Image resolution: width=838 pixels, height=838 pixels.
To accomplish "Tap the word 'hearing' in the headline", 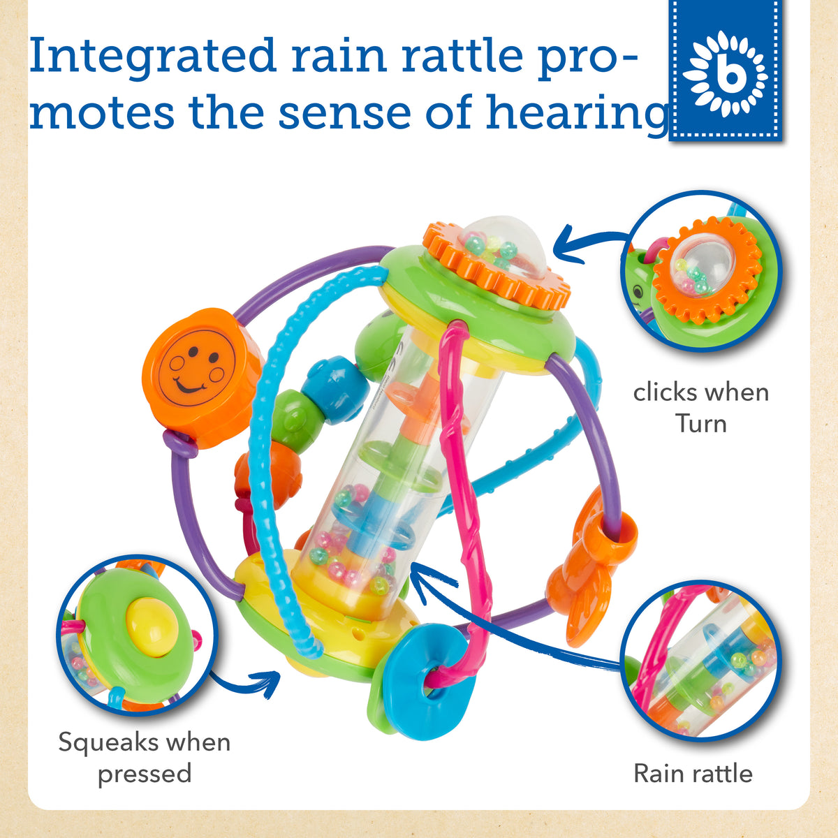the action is pyautogui.click(x=577, y=114).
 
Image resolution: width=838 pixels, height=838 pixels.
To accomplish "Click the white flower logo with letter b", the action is pyautogui.click(x=725, y=74).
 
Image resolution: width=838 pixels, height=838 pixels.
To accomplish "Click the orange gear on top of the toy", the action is pyautogui.click(x=497, y=265).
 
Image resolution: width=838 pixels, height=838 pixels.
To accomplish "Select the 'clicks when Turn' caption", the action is pyautogui.click(x=701, y=408).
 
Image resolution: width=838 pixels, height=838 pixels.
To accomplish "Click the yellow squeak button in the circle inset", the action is pyautogui.click(x=151, y=626).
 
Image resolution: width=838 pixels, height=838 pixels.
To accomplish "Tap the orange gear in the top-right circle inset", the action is pyautogui.click(x=707, y=272).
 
